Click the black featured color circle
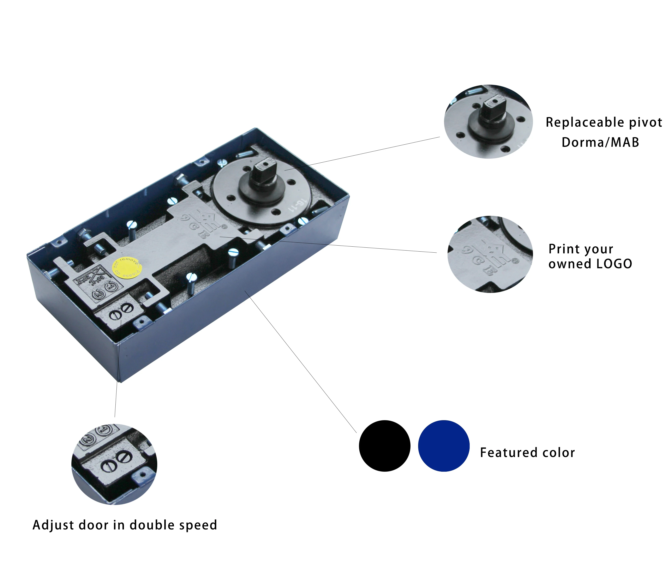click(384, 446)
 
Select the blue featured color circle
click(444, 446)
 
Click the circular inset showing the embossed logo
click(490, 254)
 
